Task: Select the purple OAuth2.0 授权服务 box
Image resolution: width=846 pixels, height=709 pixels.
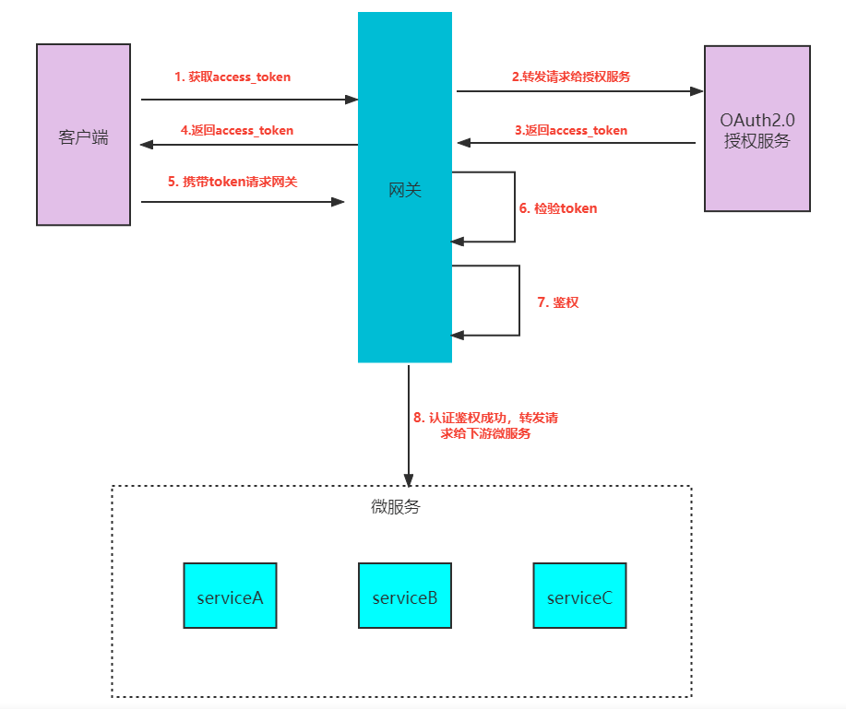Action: point(757,129)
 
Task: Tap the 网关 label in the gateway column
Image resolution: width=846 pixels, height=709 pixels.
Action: point(404,190)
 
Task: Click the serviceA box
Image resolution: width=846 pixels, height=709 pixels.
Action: point(230,596)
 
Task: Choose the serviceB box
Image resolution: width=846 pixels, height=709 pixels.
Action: point(405,596)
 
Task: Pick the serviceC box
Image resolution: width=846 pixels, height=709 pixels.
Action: point(579,596)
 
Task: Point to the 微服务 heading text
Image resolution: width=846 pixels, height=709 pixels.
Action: point(395,507)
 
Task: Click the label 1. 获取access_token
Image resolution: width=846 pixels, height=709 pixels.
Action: point(232,77)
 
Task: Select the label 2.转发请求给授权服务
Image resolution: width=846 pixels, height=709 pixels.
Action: point(571,77)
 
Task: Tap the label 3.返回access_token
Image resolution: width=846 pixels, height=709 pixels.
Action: point(570,131)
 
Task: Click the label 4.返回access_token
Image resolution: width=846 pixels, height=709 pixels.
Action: point(236,131)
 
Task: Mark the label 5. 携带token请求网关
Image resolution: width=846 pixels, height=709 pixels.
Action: point(232,182)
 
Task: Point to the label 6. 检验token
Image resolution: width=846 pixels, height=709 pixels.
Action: point(558,208)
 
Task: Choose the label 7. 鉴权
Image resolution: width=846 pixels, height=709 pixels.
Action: point(558,302)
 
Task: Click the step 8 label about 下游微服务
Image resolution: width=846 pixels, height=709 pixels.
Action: point(485,425)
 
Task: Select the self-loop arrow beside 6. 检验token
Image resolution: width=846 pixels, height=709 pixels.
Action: point(514,207)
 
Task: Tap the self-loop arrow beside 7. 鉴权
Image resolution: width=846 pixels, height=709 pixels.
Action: point(519,301)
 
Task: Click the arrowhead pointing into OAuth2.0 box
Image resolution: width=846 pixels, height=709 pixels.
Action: point(697,91)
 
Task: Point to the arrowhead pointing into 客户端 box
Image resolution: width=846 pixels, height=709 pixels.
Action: point(146,144)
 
